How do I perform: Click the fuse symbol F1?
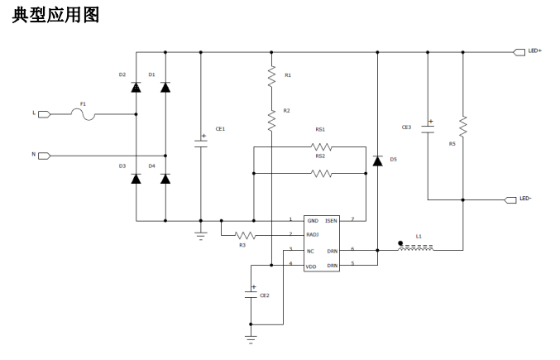tap(83, 115)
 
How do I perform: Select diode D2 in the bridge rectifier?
tap(136, 87)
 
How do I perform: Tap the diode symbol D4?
tap(165, 179)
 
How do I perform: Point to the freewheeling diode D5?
tap(377, 161)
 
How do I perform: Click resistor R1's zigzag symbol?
tap(271, 76)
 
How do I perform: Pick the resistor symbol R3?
tap(245, 235)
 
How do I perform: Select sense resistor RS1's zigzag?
tap(321, 146)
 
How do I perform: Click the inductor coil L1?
tap(416, 247)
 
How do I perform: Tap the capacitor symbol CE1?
tap(201, 143)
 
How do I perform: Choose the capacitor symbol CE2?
tap(251, 295)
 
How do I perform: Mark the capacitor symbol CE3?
tap(428, 129)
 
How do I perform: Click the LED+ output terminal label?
tap(534, 51)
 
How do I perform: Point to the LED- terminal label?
tap(525, 199)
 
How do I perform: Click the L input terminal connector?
tap(45, 114)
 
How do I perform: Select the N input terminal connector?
tap(45, 156)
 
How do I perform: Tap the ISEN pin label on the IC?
tap(331, 221)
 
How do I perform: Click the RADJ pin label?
tap(313, 235)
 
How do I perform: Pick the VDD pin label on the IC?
tap(311, 266)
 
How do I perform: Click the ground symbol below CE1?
tap(201, 236)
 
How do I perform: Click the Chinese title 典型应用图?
tap(55, 16)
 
